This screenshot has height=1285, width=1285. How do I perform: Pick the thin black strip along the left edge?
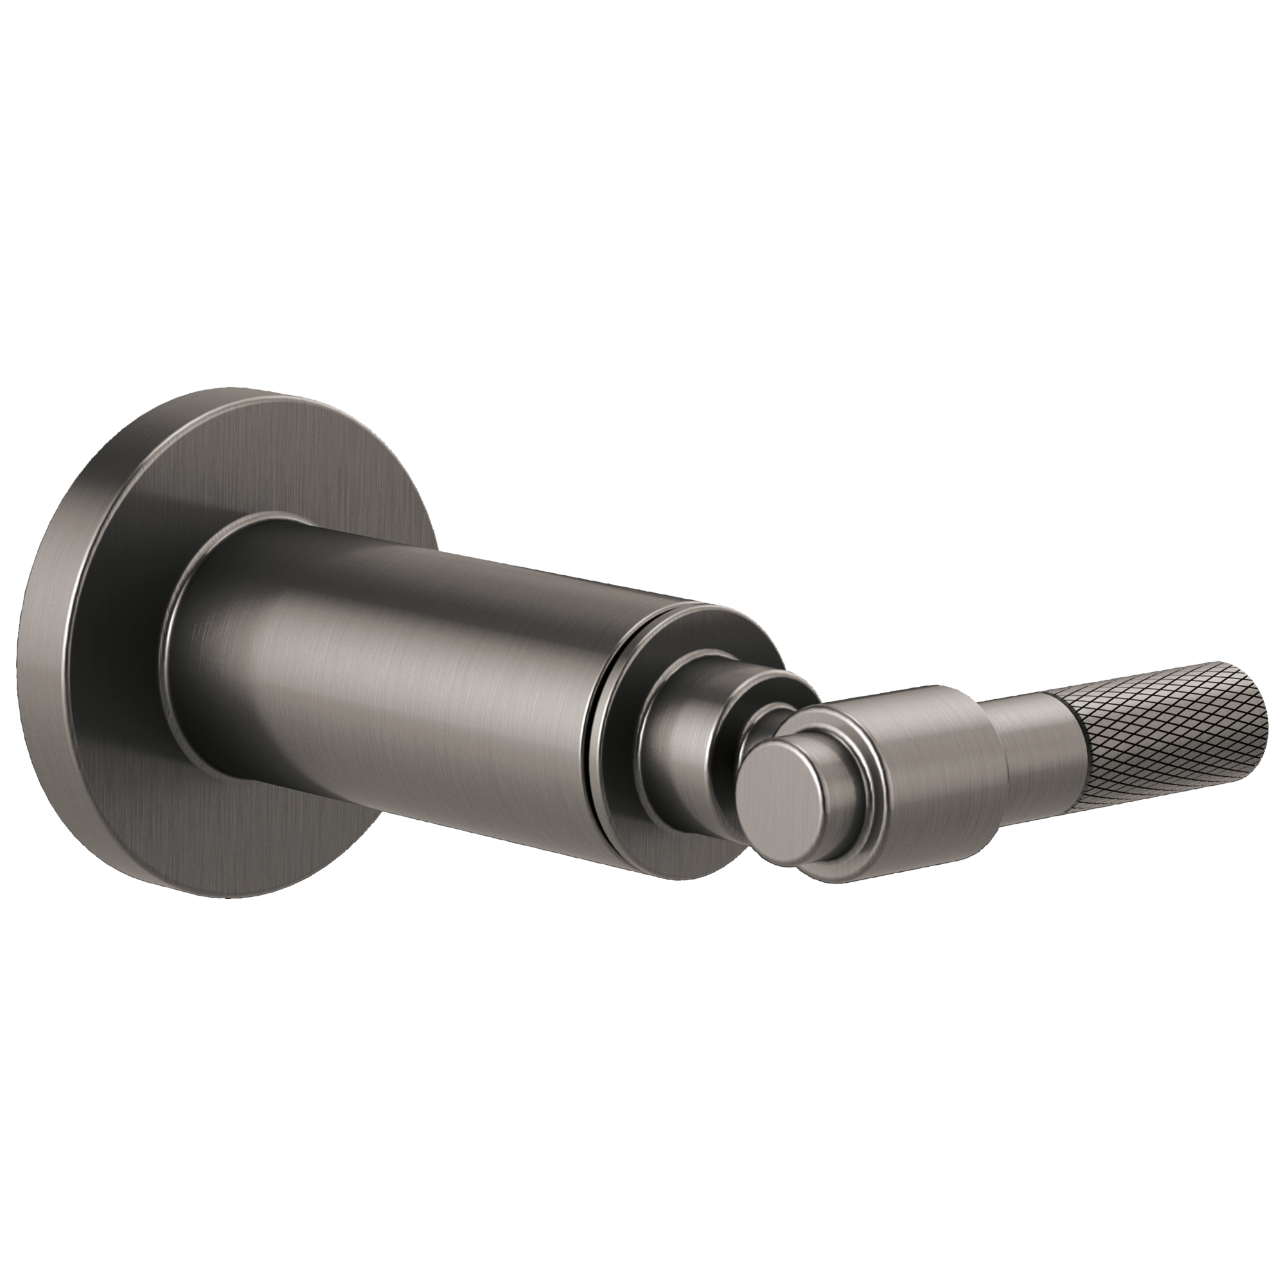pyautogui.click(x=7, y=642)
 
